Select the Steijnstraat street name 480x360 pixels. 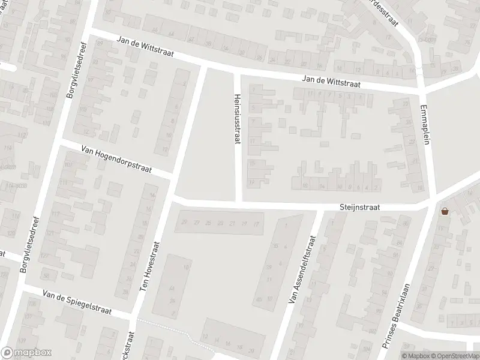coord(359,206)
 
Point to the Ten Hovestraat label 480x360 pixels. coord(151,267)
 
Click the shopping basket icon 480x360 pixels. coord(445,211)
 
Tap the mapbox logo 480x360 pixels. coord(26,353)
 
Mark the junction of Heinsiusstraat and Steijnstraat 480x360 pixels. coord(238,202)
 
